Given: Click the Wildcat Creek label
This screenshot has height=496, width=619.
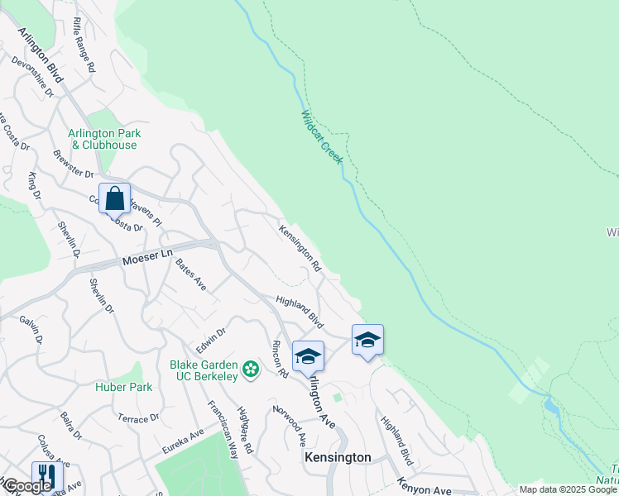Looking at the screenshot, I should pyautogui.click(x=321, y=136).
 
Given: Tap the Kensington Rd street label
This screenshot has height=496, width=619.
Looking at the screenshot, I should pyautogui.click(x=300, y=249).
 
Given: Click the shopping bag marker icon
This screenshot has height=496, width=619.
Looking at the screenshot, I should pyautogui.click(x=114, y=198).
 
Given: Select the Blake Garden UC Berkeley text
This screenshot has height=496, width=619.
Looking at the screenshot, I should pyautogui.click(x=204, y=370).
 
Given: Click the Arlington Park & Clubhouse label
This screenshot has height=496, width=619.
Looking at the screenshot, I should pyautogui.click(x=104, y=139).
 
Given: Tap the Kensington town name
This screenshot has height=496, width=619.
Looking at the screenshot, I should pyautogui.click(x=337, y=457).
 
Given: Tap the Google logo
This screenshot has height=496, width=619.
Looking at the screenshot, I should pyautogui.click(x=27, y=486).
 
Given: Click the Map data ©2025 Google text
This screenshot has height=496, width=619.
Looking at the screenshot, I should pyautogui.click(x=567, y=489).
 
